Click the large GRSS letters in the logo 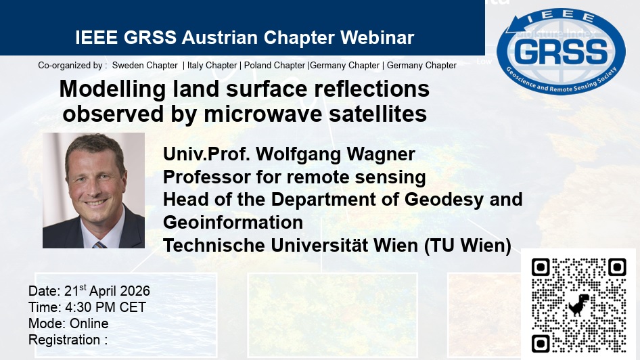click(561, 51)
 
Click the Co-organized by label click(72, 66)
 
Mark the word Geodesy click(457, 200)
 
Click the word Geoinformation click(233, 222)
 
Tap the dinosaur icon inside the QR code click(578, 305)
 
